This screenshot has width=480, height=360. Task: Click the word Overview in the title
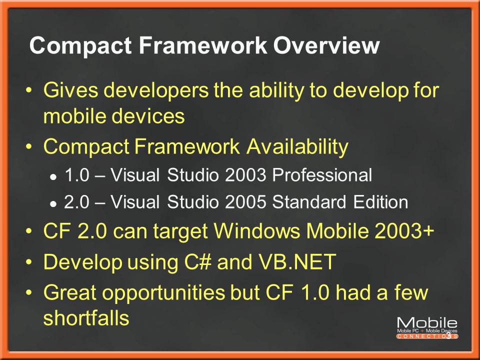tap(326, 45)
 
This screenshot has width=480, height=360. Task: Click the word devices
tap(148, 116)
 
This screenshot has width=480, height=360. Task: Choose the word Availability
tap(297, 147)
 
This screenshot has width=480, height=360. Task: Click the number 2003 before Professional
tap(245, 175)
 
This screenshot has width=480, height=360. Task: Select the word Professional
tap(322, 175)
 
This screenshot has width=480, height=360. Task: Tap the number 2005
tap(245, 202)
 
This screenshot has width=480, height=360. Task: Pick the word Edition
tap(380, 202)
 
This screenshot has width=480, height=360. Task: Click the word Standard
tap(309, 202)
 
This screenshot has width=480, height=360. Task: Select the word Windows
tap(257, 230)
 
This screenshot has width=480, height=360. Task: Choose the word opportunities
tap(164, 293)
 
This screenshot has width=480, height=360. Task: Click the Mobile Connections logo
tap(427, 328)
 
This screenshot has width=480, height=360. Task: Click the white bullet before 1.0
tap(53, 177)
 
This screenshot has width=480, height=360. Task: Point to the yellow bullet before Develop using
tap(29, 262)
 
